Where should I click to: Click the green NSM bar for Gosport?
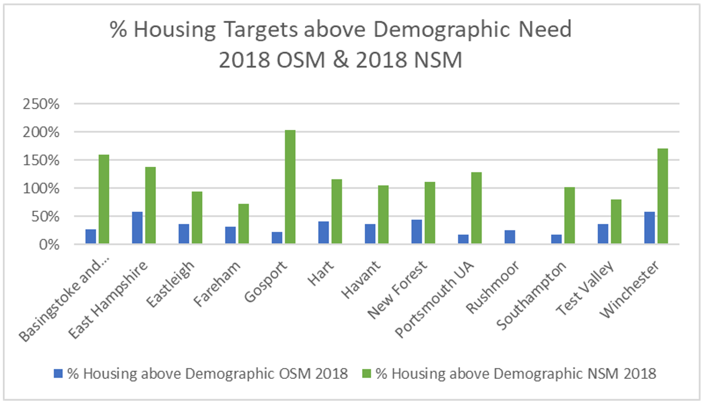click(x=290, y=187)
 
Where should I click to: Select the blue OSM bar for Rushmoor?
click(x=509, y=237)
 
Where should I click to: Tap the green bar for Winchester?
click(x=662, y=197)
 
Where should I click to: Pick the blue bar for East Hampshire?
click(x=137, y=228)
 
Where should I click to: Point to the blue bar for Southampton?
click(x=556, y=239)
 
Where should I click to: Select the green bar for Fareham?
click(x=244, y=224)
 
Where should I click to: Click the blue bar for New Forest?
click(x=416, y=232)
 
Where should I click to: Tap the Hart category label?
click(x=332, y=270)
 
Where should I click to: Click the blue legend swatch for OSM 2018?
click(x=57, y=374)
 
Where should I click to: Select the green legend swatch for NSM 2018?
click(x=366, y=374)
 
